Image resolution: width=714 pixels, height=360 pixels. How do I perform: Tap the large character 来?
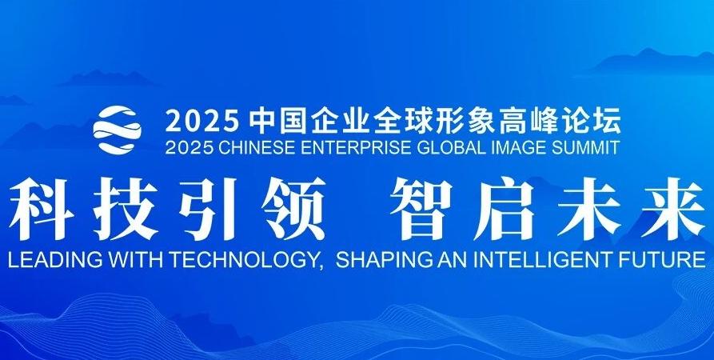(x=672, y=211)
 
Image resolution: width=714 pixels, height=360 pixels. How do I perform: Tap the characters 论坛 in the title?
(x=594, y=121)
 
